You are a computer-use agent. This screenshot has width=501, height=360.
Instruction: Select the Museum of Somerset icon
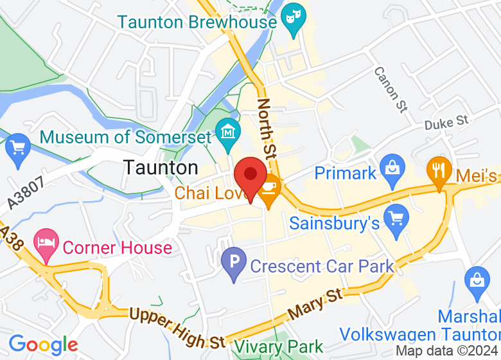click(227, 132)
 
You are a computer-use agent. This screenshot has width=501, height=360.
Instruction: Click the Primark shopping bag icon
click(391, 168)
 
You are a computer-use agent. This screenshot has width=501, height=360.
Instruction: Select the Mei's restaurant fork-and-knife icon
click(439, 170)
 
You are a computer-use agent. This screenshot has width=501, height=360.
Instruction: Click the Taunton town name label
click(161, 168)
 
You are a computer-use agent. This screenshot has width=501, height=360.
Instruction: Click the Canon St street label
click(391, 89)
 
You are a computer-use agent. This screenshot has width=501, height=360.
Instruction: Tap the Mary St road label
click(315, 304)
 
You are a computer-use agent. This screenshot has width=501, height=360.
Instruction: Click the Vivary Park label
click(278, 347)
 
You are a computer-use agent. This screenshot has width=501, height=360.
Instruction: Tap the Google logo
click(43, 345)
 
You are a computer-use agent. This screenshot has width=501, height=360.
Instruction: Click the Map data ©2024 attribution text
click(447, 351)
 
